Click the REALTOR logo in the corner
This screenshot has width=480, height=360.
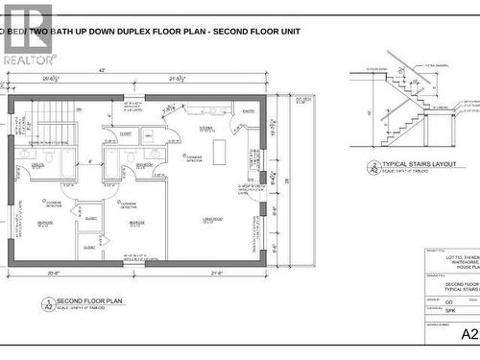[26, 34]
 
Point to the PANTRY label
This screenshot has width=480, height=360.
[249, 112]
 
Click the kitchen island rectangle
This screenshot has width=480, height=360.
[219, 153]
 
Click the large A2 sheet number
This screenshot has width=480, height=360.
[468, 335]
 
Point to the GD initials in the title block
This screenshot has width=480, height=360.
[450, 300]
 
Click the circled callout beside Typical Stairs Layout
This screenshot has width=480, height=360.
[372, 168]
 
